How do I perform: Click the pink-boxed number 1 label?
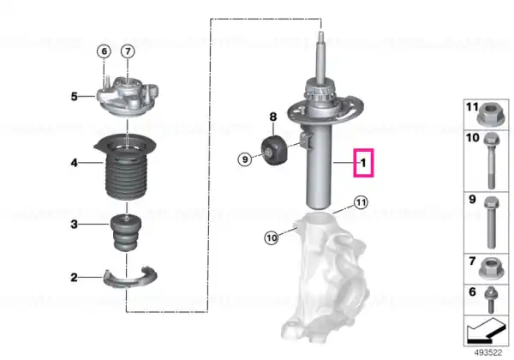click(x=363, y=163)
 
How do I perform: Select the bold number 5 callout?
click(x=75, y=96)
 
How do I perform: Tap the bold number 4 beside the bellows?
click(x=75, y=163)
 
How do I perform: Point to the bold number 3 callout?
click(x=75, y=225)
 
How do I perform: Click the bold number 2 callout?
click(x=75, y=278)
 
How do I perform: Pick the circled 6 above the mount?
click(x=105, y=51)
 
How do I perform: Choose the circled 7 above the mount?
click(x=128, y=51)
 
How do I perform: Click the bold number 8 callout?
click(x=273, y=117)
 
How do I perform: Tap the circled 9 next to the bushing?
click(x=245, y=159)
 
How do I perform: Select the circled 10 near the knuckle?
click(x=272, y=237)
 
